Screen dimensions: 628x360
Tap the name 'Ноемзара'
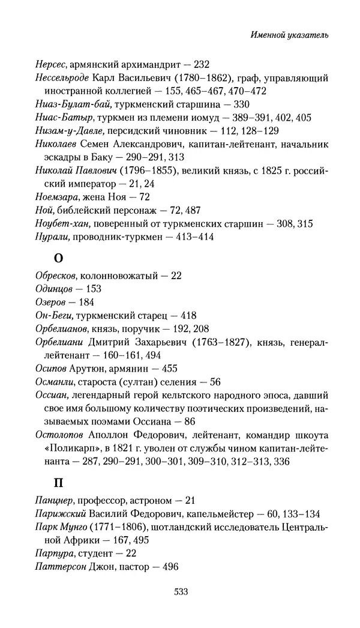[x=53, y=197]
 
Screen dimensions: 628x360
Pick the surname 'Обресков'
[x=55, y=276]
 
